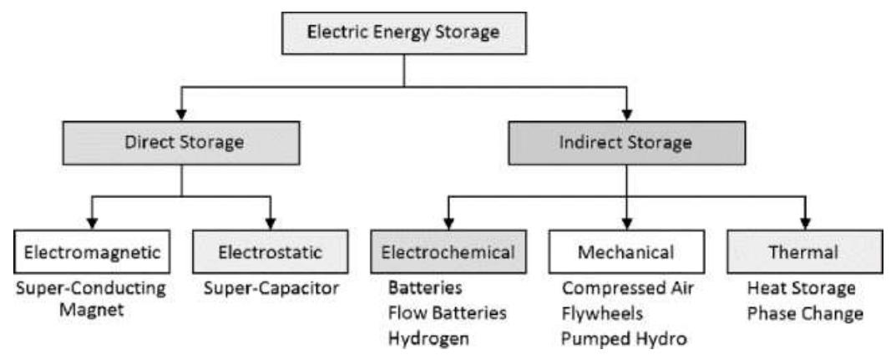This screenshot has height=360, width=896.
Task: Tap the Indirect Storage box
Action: (625, 141)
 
